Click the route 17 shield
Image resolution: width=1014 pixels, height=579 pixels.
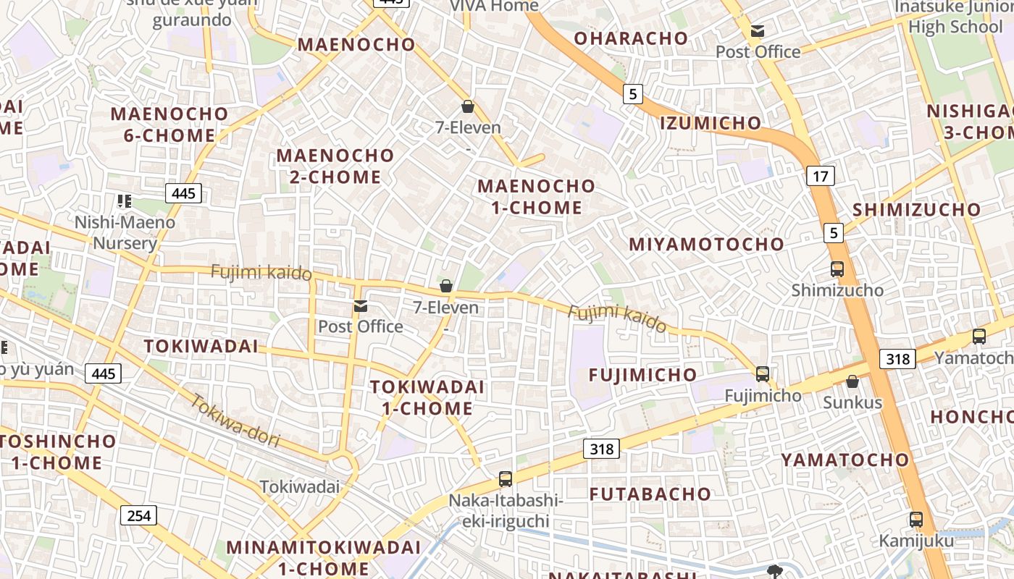coord(820,175)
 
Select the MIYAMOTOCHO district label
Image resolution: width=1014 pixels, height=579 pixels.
coord(706,244)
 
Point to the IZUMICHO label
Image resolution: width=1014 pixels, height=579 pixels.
coord(711,123)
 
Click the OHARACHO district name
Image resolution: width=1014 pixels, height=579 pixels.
coord(631,38)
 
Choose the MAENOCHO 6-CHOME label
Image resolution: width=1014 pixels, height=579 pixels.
coord(169,124)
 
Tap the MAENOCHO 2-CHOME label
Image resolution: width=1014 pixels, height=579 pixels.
coord(335,166)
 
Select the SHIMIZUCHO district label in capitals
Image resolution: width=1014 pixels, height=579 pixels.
coord(916,210)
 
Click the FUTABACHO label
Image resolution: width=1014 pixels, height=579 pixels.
coord(650,494)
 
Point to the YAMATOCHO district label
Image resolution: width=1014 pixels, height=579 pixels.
coord(845,460)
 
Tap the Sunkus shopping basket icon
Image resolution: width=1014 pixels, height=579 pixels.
coord(852,381)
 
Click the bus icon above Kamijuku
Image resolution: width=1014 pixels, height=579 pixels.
coord(916,519)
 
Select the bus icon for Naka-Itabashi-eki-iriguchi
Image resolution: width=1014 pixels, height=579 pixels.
coord(506,478)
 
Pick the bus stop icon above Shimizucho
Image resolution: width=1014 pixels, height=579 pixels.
coord(837,269)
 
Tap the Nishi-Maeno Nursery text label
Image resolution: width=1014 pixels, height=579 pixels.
coord(125,232)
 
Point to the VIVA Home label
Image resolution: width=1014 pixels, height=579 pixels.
coord(494,6)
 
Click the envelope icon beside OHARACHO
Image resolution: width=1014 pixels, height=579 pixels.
coord(758,31)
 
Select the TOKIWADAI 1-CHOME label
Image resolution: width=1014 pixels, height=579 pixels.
coord(427,397)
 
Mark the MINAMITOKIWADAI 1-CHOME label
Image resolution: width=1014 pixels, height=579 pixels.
coord(323,557)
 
